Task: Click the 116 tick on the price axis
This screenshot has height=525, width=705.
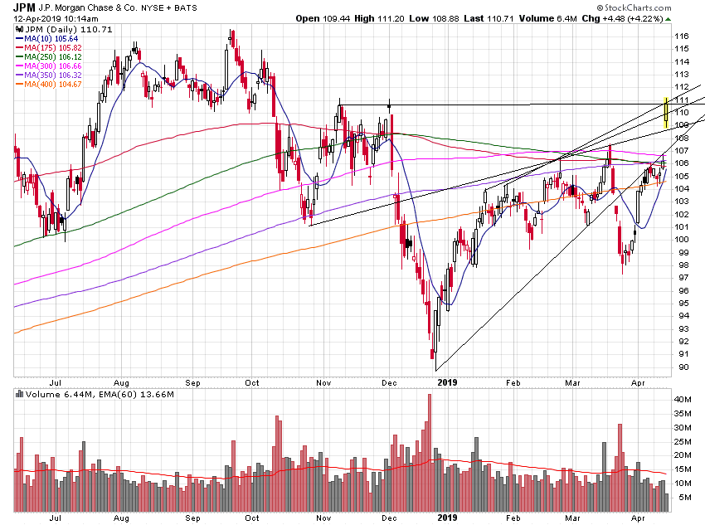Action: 682,36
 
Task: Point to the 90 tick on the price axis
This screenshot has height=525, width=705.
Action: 680,367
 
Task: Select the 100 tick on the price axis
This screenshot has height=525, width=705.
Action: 682,240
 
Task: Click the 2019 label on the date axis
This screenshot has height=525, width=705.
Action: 448,382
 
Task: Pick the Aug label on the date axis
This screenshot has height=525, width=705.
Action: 122,382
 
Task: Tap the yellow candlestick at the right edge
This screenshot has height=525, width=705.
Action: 666,114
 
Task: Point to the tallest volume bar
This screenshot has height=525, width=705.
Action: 430,452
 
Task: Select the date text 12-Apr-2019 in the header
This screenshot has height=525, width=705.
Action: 33,17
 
